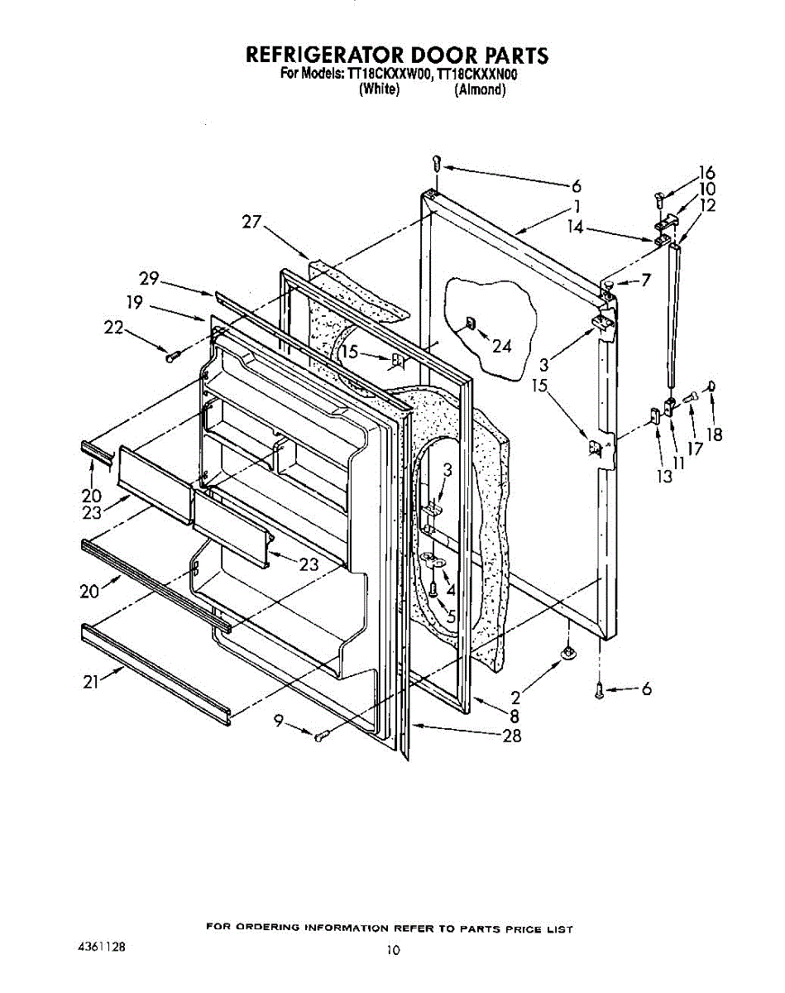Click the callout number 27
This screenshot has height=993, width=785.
coord(251,222)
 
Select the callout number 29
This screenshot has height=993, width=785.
coord(150,279)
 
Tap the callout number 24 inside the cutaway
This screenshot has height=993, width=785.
coord(501,347)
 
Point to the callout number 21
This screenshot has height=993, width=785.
coord(91,682)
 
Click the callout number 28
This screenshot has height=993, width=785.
coord(512,736)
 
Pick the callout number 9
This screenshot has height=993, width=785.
coord(282,722)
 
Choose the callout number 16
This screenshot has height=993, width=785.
coord(706,173)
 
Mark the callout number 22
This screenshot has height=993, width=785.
coord(113,329)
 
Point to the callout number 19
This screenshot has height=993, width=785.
coord(136,303)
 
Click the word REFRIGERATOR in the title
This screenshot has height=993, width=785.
coord(325,55)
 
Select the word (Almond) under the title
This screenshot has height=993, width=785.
coord(479,89)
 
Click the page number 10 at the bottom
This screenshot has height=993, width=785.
coord(392,950)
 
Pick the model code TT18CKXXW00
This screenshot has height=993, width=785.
coord(390,74)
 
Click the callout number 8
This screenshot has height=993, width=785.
coord(514,717)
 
